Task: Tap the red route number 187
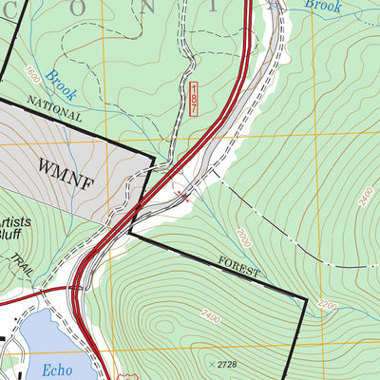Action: (194, 98)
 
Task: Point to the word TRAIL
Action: (25, 268)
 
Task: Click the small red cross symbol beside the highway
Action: (186, 198)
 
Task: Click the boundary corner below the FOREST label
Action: (306, 299)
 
